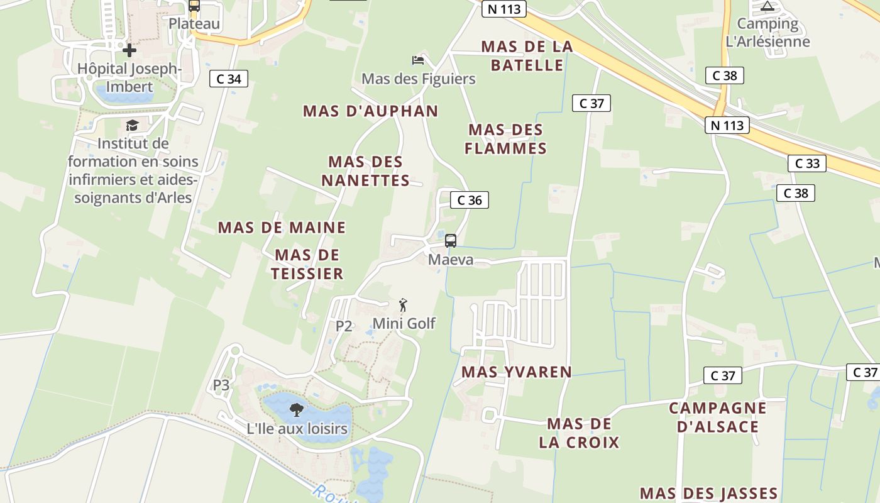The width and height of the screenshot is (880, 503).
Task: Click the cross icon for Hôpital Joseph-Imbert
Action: point(129,50)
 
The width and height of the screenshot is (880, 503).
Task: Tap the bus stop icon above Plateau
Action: point(194,6)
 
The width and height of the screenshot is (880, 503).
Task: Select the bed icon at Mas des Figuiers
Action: point(418,60)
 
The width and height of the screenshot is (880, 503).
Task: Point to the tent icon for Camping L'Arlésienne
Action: point(767,6)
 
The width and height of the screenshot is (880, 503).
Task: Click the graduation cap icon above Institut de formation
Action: point(132,126)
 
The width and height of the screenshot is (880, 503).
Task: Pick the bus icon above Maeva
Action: point(451,240)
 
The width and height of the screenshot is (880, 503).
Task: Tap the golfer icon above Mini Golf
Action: point(404,305)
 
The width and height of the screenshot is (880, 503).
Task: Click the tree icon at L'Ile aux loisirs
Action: point(296,411)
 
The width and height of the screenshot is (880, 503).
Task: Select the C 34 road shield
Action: point(229,79)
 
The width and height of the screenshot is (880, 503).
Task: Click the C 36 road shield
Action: point(470,201)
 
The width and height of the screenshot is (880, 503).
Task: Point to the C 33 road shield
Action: point(807,163)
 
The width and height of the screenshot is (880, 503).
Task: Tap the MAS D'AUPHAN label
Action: point(371,111)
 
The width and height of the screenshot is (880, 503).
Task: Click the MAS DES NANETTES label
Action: point(366,171)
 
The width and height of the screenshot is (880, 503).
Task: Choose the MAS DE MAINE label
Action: point(282,228)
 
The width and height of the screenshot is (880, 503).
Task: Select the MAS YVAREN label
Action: point(517,372)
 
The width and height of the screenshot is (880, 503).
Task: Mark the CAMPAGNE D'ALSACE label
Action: point(718,417)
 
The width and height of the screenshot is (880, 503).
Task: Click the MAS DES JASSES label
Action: point(709,493)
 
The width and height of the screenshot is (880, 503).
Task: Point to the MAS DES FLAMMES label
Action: point(506,139)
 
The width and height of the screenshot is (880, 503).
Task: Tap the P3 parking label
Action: point(221,385)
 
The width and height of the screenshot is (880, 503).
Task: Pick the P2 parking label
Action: point(344,326)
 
